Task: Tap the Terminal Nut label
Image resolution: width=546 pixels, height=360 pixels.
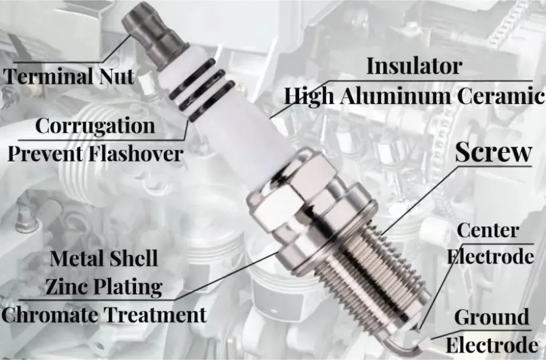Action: pos(69,76)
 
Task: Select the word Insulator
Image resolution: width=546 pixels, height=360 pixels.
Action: pos(413,66)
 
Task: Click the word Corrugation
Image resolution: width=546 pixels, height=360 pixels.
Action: pos(95,126)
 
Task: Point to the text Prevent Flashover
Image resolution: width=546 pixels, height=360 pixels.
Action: pos(95,154)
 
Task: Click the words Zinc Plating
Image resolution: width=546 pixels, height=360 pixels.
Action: pos(103,287)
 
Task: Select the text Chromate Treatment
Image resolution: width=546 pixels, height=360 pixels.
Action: pos(103,314)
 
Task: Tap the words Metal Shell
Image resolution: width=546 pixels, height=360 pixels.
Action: pos(103,259)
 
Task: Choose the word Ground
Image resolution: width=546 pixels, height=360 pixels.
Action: pos(491,317)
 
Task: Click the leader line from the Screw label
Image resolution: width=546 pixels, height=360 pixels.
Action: pos(423,198)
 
